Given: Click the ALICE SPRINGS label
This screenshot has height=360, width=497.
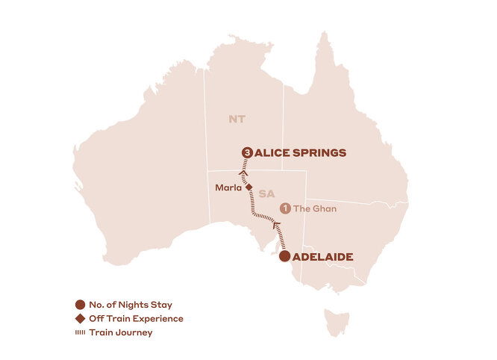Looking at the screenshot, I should click(300, 152).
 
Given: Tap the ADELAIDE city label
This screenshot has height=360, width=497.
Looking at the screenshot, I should click(323, 257).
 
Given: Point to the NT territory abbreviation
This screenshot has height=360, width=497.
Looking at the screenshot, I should click(237, 119).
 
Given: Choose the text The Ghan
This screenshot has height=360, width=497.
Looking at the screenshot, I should click(316, 208).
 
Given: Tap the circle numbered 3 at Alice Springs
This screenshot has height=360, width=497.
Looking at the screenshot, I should click(247, 152).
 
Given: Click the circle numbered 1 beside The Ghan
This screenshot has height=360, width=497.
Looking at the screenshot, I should click(284, 208).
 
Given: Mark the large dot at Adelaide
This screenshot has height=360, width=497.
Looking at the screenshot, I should click(284, 257).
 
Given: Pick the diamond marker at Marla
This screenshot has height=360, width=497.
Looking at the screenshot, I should click(248, 188).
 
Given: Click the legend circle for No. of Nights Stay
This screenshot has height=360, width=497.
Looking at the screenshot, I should click(80, 305).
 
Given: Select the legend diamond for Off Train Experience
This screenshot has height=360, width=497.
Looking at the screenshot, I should click(80, 319).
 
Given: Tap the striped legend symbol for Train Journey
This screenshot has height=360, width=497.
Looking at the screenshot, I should click(80, 332).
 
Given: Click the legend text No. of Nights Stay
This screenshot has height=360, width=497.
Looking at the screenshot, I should click(130, 305).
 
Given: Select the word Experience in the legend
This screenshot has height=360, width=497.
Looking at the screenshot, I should click(159, 319).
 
